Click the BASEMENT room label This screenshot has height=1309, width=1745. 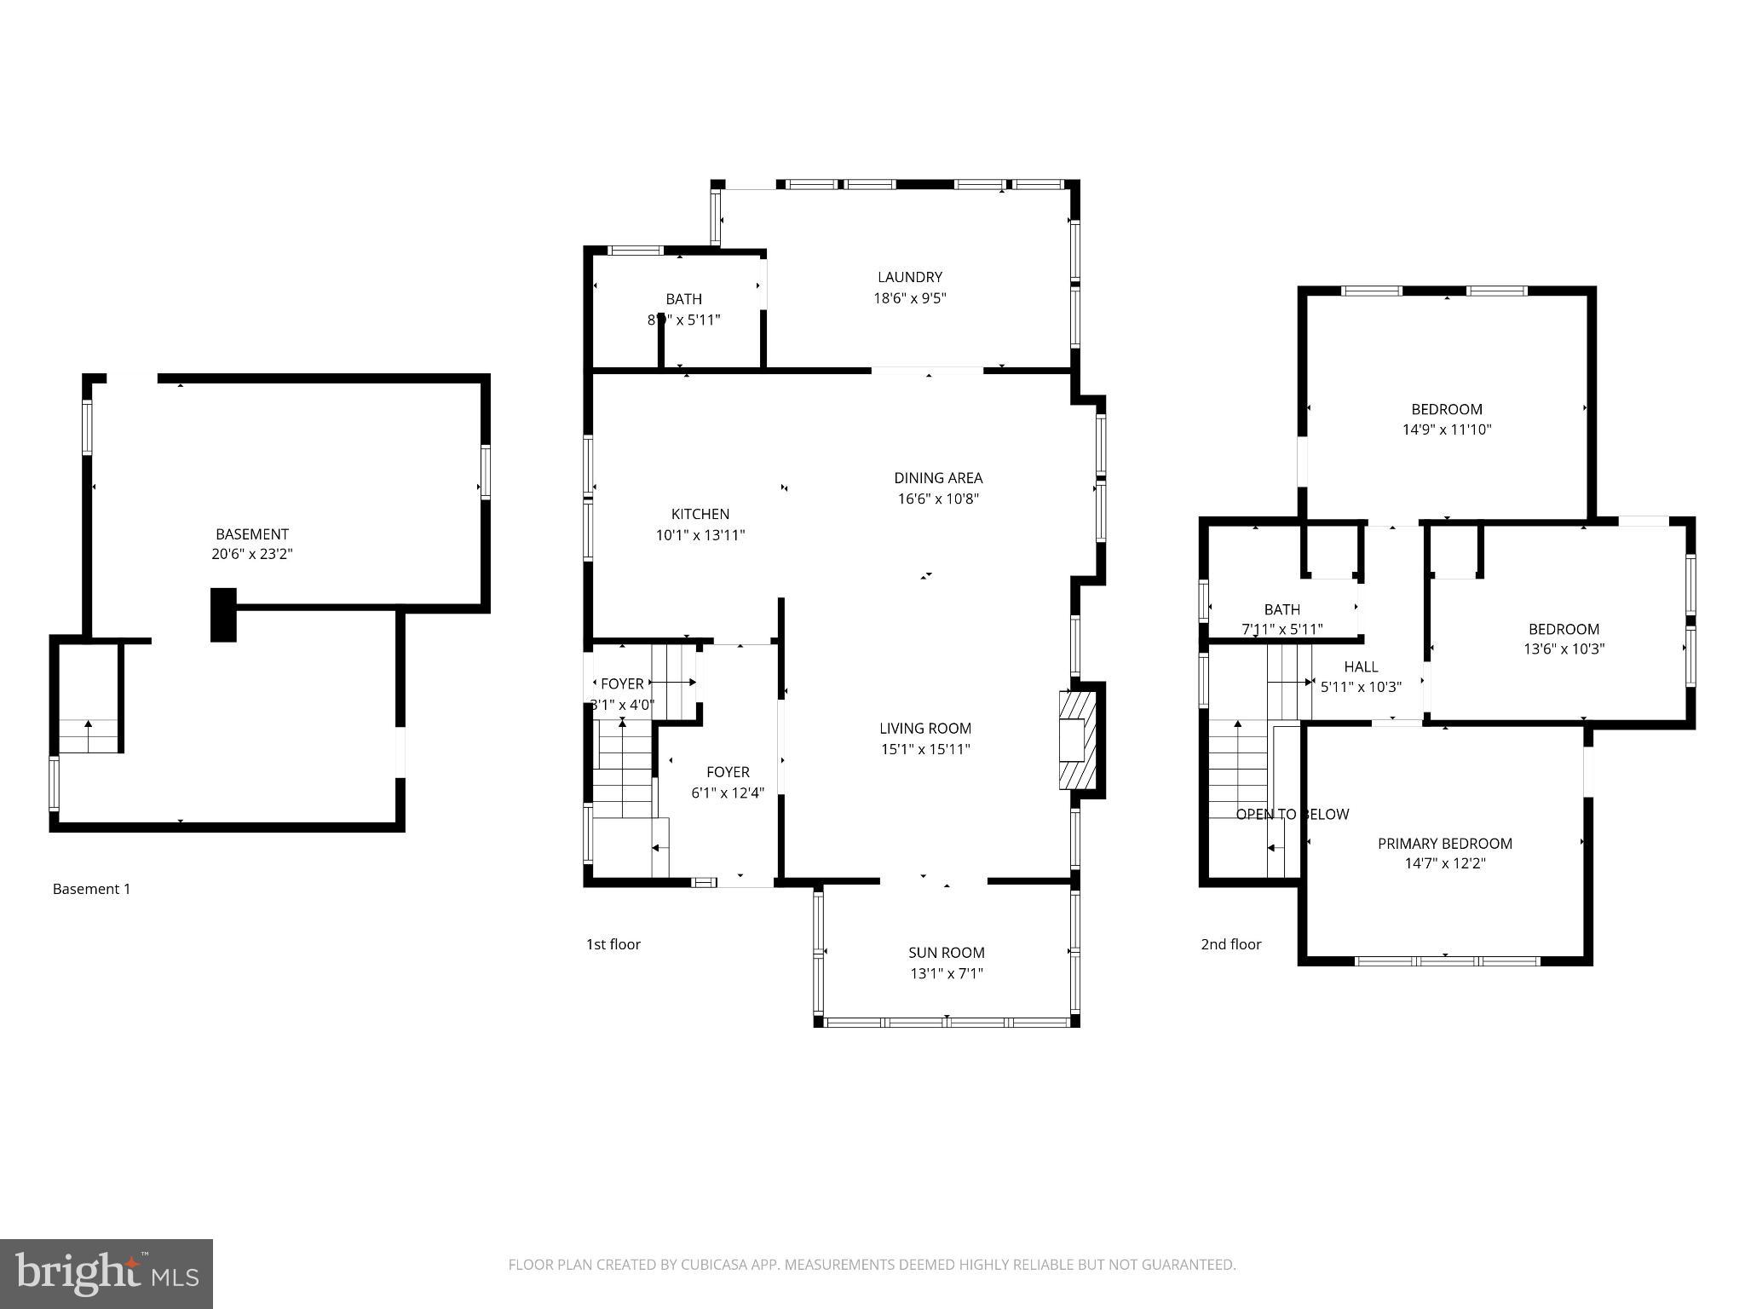click(x=251, y=534)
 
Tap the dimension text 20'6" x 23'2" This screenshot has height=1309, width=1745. click(x=251, y=554)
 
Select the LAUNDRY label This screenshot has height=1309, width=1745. click(x=910, y=277)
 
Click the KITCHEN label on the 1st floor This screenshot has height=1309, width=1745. click(x=700, y=514)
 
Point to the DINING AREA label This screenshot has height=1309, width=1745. click(x=938, y=478)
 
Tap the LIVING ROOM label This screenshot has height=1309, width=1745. click(x=925, y=729)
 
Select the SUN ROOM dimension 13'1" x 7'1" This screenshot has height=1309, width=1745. click(x=947, y=973)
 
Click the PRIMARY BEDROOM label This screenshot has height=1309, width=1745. click(x=1445, y=844)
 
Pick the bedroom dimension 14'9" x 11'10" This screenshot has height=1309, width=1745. click(x=1447, y=430)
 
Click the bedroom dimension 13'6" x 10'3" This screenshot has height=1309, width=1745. click(x=1564, y=649)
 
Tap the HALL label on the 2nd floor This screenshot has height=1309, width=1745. click(x=1361, y=667)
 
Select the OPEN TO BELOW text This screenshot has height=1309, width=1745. click(x=1293, y=815)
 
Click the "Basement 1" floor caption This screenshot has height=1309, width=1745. click(x=92, y=889)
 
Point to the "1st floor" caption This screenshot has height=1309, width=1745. click(x=613, y=944)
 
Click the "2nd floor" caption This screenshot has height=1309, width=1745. click(x=1231, y=944)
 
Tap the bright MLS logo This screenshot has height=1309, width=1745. click(x=107, y=1274)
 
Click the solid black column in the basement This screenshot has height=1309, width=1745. click(x=223, y=614)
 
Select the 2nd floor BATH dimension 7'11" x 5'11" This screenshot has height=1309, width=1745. click(x=1282, y=630)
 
